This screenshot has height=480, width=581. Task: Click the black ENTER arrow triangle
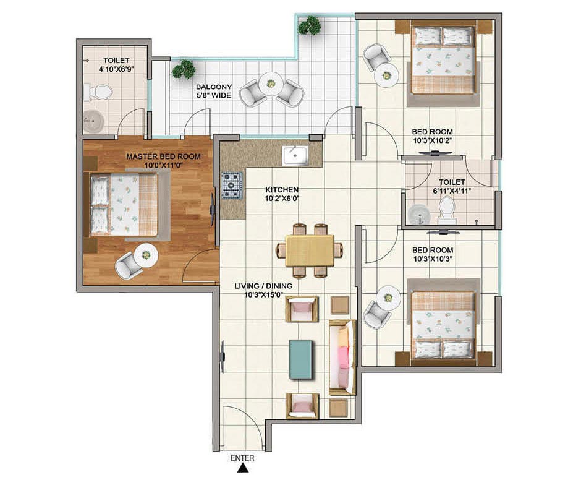pyautogui.click(x=243, y=468)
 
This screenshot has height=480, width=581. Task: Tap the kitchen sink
pyautogui.click(x=295, y=155)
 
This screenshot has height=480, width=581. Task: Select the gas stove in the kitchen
pyautogui.click(x=232, y=186)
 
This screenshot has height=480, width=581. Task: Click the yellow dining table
pyautogui.click(x=310, y=251)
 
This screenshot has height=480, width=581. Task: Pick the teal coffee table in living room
pyautogui.click(x=300, y=359)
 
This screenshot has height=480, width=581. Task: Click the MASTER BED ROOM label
pyautogui.click(x=163, y=156)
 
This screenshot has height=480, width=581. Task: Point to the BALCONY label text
pyautogui.click(x=214, y=87)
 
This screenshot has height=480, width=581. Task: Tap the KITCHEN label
pyautogui.click(x=282, y=189)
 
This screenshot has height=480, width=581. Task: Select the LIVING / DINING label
pyautogui.click(x=263, y=286)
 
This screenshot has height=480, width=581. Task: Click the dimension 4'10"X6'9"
pyautogui.click(x=116, y=69)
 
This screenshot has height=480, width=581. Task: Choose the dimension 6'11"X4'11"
pyautogui.click(x=452, y=191)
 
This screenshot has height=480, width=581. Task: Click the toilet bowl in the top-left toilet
pyautogui.click(x=98, y=92)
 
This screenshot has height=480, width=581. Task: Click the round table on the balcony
pyautogui.click(x=271, y=84)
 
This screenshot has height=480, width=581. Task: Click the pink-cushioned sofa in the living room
pyautogui.click(x=342, y=358)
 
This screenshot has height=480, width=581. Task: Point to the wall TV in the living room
pyautogui.click(x=223, y=358)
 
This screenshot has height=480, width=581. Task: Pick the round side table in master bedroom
pyautogui.click(x=146, y=255)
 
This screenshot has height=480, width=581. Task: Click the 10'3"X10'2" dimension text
pyautogui.click(x=433, y=140)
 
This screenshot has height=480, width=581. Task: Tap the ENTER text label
pyautogui.click(x=242, y=458)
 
